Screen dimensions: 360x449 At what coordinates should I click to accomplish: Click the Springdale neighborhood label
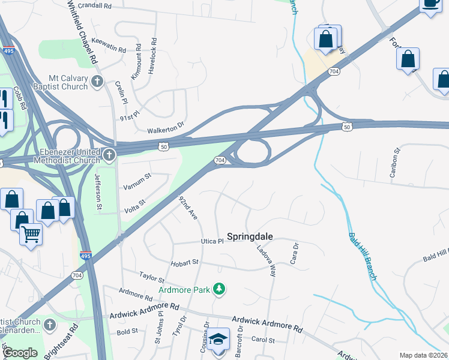250,236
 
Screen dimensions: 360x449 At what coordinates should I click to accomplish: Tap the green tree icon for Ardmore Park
220,290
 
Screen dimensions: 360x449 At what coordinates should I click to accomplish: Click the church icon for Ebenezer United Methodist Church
109,156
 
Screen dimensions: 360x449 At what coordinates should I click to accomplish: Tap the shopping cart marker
31,235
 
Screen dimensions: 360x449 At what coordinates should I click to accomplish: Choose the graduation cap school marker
220,340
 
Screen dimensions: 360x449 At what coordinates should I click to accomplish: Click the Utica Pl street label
211,241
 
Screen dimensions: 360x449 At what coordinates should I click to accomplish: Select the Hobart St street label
184,263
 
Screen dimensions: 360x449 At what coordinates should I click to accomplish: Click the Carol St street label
262,340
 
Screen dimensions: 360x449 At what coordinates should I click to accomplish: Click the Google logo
20,352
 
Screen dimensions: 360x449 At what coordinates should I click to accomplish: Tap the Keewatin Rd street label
109,45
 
